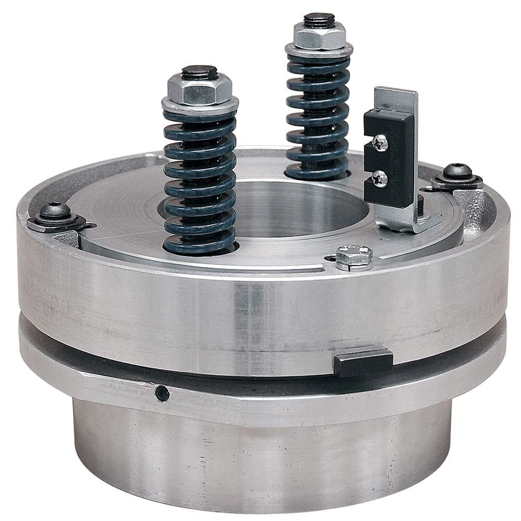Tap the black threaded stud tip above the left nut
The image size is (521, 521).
coord(200,72)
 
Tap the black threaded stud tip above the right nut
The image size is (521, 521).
coord(319,20)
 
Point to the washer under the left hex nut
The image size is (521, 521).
coord(200,106)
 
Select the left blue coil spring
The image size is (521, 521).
coord(200,182)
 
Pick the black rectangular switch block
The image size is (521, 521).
coord(389,156)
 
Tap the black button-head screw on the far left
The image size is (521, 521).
coord(55,210)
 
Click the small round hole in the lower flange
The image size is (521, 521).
coord(162,393)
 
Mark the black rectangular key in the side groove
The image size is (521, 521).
coord(363,361)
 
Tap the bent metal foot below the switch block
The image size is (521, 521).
coord(412,223)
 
